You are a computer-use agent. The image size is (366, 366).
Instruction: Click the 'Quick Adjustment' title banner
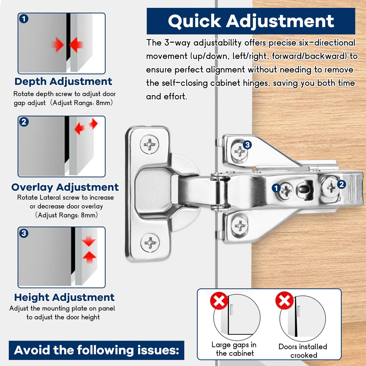coord(251,21)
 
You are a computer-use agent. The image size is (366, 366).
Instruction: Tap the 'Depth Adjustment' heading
coord(63,82)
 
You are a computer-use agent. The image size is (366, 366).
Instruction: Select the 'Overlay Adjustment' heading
coord(65,187)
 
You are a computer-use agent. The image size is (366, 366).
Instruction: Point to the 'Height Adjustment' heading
coord(64,297)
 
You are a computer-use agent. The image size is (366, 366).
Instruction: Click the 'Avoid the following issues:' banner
coord(97,350)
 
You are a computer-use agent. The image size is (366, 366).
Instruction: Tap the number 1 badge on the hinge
coord(276,188)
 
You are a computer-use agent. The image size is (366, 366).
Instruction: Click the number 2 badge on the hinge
coord(341,184)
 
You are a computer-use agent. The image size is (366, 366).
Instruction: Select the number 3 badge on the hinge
coord(247,145)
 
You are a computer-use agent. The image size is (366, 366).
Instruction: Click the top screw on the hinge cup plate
coord(150,145)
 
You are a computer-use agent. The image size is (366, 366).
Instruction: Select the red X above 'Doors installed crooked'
coord(284,301)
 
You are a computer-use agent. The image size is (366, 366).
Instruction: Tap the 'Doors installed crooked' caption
coord(303,351)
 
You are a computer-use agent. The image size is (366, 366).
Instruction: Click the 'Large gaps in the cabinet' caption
coord(234,349)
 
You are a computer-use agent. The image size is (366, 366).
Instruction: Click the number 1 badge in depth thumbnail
coord(24,19)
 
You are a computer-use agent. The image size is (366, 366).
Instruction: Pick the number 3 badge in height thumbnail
coord(24,233)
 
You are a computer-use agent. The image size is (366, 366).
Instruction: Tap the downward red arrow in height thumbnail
coord(89,241)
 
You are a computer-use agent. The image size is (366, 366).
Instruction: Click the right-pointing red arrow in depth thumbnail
coord(58,45)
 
